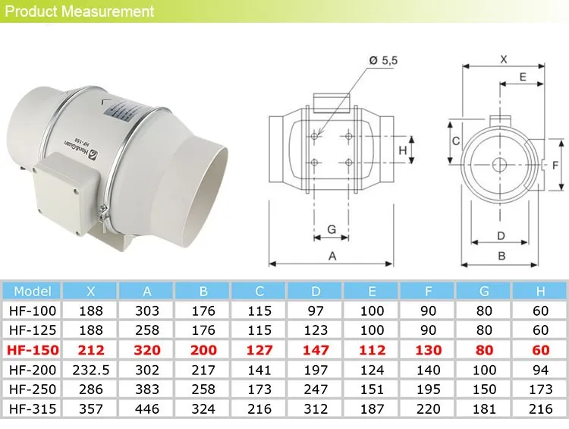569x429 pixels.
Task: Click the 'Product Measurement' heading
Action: click(x=80, y=11)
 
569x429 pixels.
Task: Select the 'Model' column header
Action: click(x=32, y=291)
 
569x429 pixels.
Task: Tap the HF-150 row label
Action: click(x=32, y=350)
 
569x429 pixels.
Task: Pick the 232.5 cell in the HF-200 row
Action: click(x=90, y=370)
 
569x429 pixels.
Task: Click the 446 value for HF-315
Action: click(x=146, y=409)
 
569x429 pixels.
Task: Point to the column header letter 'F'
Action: click(x=429, y=291)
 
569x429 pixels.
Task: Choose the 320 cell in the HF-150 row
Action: click(x=146, y=350)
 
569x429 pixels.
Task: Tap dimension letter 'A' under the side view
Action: click(x=332, y=257)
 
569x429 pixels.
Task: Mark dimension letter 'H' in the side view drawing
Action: click(x=404, y=150)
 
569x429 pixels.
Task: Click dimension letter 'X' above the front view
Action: click(x=504, y=58)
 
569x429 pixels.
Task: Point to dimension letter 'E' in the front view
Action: click(x=523, y=77)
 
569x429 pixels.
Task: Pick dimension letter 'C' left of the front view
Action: click(x=455, y=141)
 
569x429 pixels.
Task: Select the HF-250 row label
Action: click(x=32, y=390)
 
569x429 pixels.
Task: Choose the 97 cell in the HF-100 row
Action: click(x=316, y=311)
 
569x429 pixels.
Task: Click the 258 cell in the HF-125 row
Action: click(x=146, y=330)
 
